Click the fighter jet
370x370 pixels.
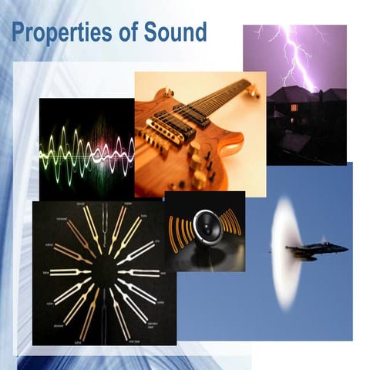pos(316,248)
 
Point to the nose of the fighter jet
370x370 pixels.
pos(346,248)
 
